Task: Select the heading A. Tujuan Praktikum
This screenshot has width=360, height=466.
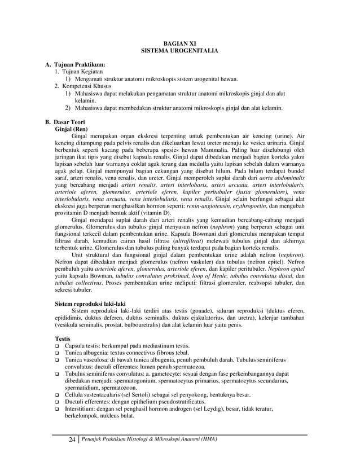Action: coord(74,66)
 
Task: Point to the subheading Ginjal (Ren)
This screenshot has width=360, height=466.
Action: coord(71,129)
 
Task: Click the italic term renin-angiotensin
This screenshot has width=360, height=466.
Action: coord(208,206)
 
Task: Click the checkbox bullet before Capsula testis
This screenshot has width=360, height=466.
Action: coord(58,345)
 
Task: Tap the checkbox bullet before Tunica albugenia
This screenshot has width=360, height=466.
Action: coord(58,353)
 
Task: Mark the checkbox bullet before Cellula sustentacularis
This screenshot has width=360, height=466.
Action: coord(58,395)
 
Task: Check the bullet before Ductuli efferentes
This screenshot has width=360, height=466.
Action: coord(58,403)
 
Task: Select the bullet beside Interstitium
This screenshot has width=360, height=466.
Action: coord(58,410)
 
